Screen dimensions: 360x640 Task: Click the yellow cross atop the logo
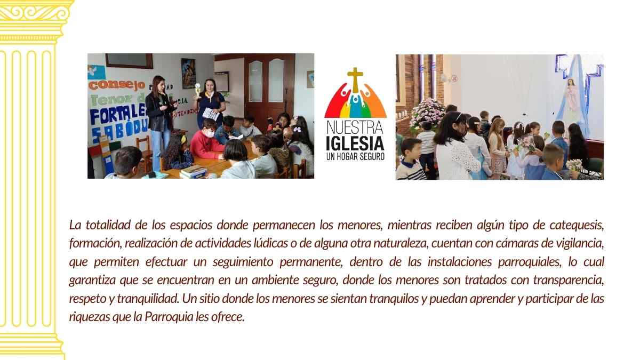click(355, 78)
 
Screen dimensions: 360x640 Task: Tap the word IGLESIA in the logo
click(355, 144)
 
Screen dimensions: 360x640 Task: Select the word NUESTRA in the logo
click(355, 129)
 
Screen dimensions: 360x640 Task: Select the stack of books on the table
click(193, 171)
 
